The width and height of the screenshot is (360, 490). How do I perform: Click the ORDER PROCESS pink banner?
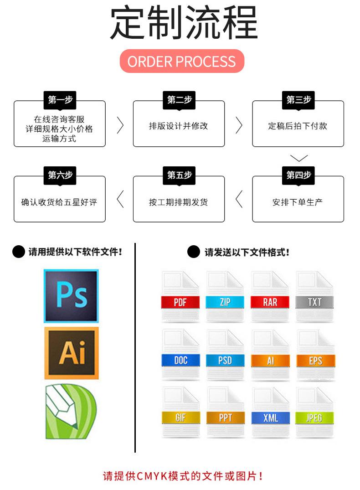click(182, 62)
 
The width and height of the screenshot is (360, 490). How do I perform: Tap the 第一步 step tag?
click(60, 100)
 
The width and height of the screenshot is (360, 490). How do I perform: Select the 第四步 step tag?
click(298, 175)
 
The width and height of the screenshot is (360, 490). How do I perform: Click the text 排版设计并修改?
click(179, 126)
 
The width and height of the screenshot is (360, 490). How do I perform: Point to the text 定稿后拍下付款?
click(298, 126)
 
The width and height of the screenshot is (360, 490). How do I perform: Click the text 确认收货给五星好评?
click(59, 202)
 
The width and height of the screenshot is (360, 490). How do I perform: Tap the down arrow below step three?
click(299, 158)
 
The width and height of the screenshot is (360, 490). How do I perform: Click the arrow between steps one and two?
click(120, 125)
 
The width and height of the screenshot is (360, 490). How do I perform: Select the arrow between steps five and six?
click(120, 200)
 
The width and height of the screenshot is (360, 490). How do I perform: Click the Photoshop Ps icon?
click(71, 296)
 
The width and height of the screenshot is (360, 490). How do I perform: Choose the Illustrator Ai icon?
click(71, 353)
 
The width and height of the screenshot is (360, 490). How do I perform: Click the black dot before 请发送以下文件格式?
click(194, 252)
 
